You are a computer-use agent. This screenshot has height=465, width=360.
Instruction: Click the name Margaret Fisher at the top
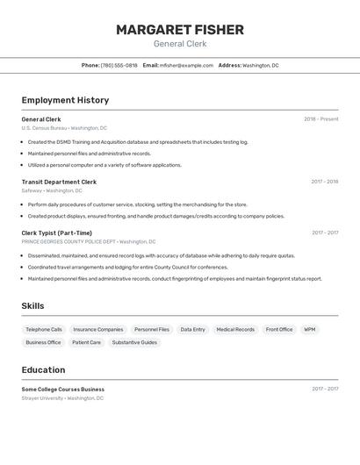(180, 30)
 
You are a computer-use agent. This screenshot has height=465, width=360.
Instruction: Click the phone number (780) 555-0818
(119, 65)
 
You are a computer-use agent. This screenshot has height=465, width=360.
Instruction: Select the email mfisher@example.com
(186, 65)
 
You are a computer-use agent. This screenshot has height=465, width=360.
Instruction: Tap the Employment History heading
(65, 100)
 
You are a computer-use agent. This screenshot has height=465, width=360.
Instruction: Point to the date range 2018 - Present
(320, 119)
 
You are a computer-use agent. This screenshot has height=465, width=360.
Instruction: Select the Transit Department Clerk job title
(59, 182)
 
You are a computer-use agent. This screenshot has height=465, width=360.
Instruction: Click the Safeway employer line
(52, 190)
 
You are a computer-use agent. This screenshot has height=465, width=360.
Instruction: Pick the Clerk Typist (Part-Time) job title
(57, 232)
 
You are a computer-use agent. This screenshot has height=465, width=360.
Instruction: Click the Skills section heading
(32, 305)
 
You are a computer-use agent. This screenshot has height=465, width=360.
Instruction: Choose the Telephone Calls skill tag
(44, 329)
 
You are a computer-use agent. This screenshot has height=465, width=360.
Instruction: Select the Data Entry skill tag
(192, 329)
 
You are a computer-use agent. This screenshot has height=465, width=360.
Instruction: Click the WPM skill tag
(310, 329)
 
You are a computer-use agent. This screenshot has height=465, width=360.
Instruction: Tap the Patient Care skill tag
(87, 342)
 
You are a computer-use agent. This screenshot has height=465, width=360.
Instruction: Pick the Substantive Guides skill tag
(134, 342)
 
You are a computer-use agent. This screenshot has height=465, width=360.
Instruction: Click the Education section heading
(43, 369)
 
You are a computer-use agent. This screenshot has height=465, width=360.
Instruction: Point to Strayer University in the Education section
(62, 397)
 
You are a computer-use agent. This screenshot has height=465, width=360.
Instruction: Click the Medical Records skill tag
(235, 329)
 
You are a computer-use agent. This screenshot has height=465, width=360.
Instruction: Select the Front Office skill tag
(279, 329)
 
